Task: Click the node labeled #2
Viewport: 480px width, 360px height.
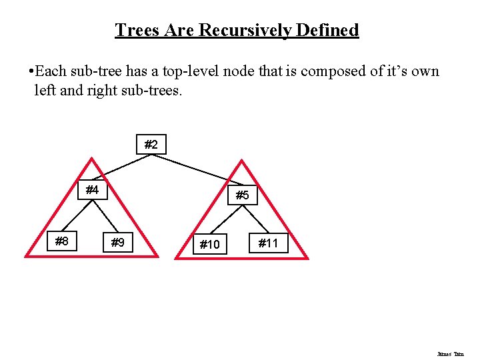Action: click(151, 145)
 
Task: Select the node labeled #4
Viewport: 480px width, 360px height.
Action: click(93, 191)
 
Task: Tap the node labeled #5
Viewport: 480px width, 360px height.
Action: click(242, 195)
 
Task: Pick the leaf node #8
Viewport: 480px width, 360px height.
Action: click(62, 241)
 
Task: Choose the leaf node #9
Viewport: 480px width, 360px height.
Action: click(118, 243)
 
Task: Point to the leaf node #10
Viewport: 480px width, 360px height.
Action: click(209, 244)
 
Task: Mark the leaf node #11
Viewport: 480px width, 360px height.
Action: click(268, 243)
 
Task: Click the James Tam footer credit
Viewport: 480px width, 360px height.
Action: click(451, 354)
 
